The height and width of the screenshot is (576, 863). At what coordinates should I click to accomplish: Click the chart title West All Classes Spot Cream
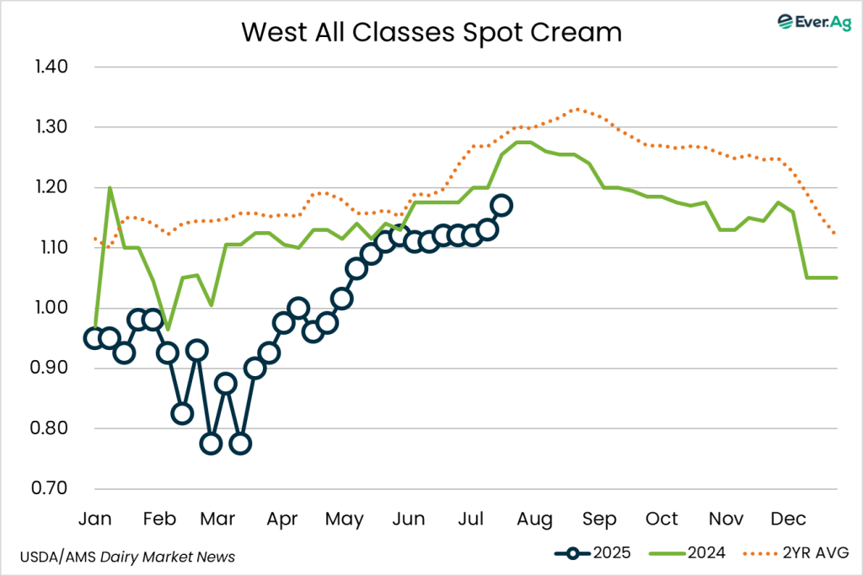click(431, 32)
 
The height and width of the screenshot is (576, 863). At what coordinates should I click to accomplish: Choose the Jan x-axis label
click(94, 518)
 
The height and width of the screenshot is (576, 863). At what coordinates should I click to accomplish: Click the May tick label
click(344, 518)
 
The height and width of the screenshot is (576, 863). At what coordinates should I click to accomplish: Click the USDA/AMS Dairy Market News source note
click(126, 557)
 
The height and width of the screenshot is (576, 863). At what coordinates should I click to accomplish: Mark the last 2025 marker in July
click(501, 205)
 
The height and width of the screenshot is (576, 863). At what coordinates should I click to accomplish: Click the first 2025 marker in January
click(94, 338)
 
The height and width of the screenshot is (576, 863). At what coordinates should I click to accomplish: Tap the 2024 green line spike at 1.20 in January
click(110, 187)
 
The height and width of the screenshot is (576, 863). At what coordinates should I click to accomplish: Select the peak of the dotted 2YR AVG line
click(576, 109)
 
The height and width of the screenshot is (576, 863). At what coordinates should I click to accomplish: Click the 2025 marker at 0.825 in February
click(182, 413)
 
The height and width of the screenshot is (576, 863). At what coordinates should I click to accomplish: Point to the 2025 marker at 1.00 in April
click(297, 308)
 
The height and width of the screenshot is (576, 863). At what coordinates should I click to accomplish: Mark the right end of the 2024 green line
click(837, 277)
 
